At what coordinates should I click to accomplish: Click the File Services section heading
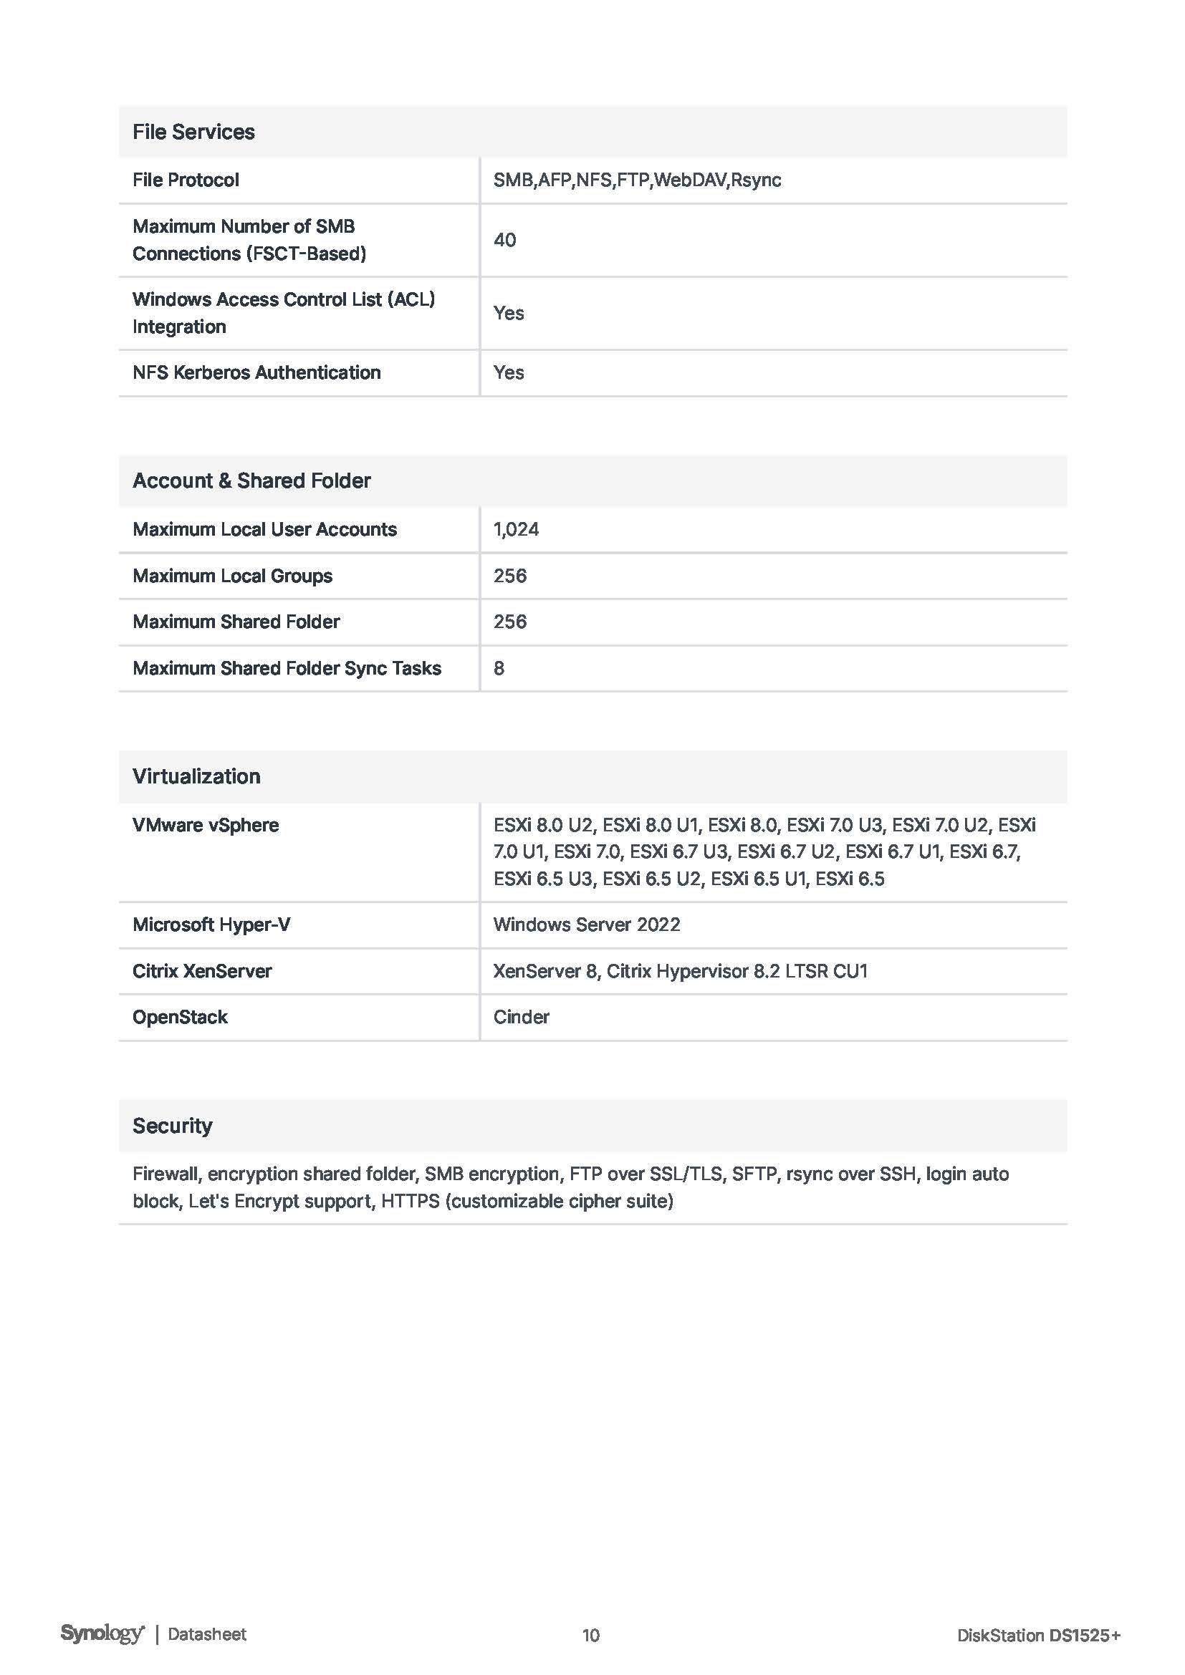(x=193, y=132)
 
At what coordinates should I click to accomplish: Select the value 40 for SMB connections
(x=504, y=240)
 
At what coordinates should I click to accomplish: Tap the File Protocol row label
(x=186, y=180)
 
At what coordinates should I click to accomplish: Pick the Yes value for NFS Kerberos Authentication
(x=509, y=373)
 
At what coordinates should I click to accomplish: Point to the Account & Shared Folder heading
(x=251, y=481)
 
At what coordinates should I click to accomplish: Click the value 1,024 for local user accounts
(x=516, y=530)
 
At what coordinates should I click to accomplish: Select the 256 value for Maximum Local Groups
(x=509, y=576)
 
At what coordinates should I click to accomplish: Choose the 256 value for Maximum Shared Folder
(x=509, y=622)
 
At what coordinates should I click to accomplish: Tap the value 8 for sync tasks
(x=499, y=668)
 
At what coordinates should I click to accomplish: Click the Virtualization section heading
(x=196, y=776)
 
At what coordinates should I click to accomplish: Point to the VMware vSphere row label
(x=205, y=825)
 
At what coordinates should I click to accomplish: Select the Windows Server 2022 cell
(x=586, y=925)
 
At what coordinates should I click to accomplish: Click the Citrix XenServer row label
(x=201, y=971)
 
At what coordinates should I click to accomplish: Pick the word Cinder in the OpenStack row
(x=521, y=1018)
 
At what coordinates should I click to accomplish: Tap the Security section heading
(x=172, y=1126)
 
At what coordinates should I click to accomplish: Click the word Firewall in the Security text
(x=165, y=1174)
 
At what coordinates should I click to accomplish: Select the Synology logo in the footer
(x=102, y=1633)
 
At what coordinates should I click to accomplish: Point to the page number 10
(x=591, y=1635)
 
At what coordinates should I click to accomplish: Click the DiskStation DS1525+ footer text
(x=1037, y=1635)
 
